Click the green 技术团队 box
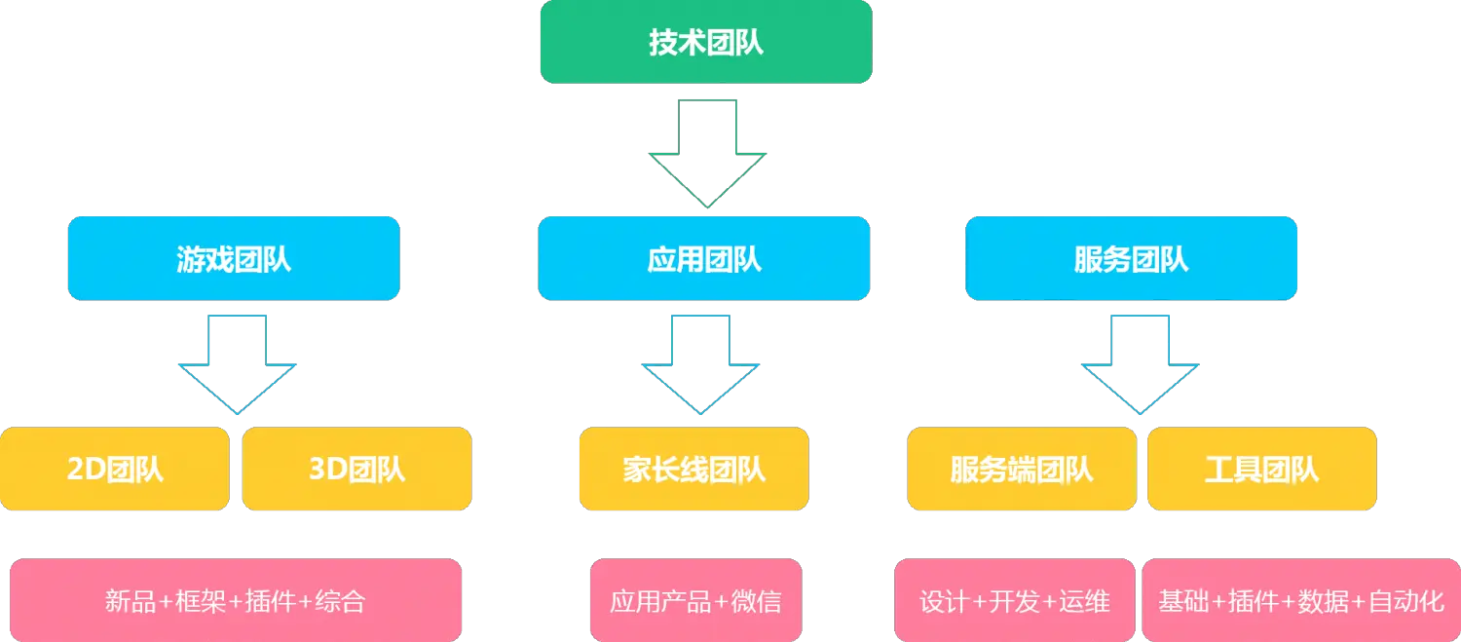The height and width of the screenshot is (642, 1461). pyautogui.click(x=705, y=42)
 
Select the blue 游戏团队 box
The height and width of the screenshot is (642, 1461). pyautogui.click(x=234, y=258)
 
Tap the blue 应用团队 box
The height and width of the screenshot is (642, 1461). pyautogui.click(x=704, y=258)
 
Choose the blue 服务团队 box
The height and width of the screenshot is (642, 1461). pyautogui.click(x=1131, y=258)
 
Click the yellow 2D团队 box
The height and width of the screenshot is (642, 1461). pyautogui.click(x=115, y=470)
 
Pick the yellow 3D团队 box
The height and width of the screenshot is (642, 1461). pyautogui.click(x=356, y=470)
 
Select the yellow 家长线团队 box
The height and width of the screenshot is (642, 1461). pyautogui.click(x=693, y=470)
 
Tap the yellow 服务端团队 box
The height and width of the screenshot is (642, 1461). pyautogui.click(x=1021, y=470)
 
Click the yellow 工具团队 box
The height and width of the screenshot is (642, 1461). pyautogui.click(x=1261, y=470)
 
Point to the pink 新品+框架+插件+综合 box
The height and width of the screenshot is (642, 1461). pyautogui.click(x=235, y=600)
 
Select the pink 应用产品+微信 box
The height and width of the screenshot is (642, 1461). pyautogui.click(x=695, y=600)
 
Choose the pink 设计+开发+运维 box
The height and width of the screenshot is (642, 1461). pyautogui.click(x=1014, y=600)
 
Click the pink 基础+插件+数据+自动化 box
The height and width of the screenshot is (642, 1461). pyautogui.click(x=1301, y=600)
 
